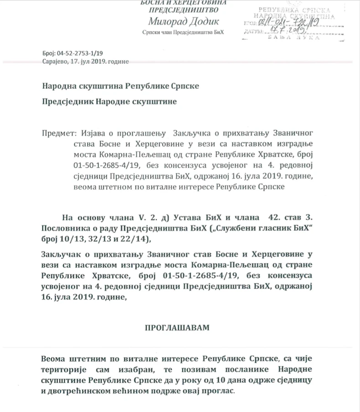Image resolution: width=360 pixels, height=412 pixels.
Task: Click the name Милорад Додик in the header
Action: tap(184, 21)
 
